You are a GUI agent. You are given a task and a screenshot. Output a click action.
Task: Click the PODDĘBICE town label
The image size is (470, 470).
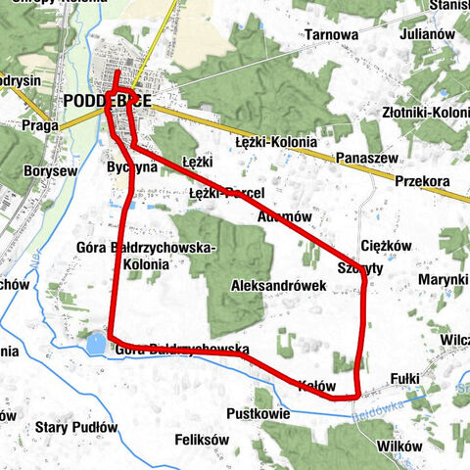point(109,100)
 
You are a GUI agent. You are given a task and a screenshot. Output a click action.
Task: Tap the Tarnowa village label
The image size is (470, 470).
point(331,34)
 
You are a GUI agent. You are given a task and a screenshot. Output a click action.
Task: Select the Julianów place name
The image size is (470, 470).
point(429,34)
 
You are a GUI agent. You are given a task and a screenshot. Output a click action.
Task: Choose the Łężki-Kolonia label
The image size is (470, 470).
point(276,142)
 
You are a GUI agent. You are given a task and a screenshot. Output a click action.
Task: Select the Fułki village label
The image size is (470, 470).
point(404,376)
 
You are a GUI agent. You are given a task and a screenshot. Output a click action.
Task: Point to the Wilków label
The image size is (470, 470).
point(399,446)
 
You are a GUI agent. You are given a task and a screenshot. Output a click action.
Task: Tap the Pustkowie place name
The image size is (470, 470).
point(255,414)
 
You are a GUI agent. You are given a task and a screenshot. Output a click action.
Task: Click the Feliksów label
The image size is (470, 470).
point(199,440)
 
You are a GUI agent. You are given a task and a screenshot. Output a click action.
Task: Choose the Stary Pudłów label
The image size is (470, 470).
point(76,428)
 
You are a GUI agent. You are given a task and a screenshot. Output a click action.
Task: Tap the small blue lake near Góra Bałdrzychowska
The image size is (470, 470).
point(96,344)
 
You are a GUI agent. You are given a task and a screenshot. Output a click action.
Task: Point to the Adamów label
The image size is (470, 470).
point(285,216)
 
